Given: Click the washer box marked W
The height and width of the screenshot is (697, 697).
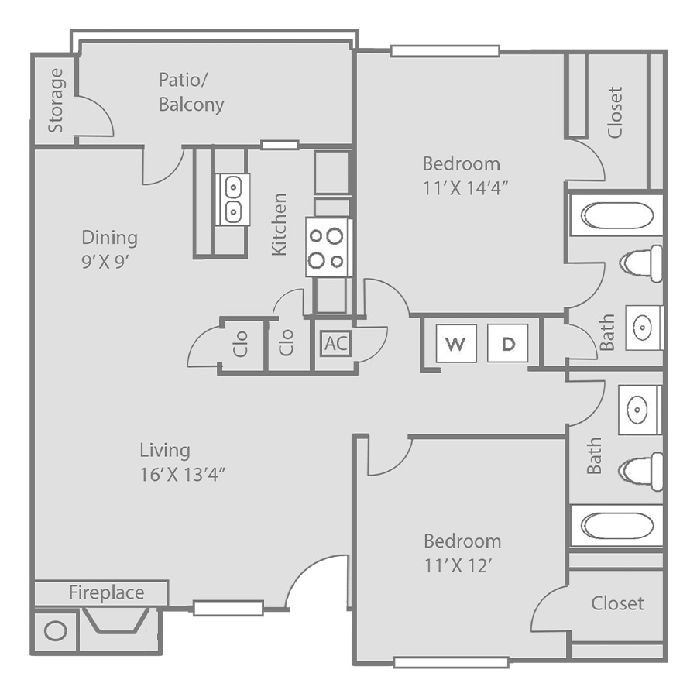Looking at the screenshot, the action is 456,343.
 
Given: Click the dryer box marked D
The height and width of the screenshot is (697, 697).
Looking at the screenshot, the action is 507,343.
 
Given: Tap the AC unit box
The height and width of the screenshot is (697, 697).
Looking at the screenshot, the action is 336,343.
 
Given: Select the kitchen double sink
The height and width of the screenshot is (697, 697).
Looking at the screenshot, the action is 232,200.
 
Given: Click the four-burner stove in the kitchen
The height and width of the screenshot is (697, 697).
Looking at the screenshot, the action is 328,247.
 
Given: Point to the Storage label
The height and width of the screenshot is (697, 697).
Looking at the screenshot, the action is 56,101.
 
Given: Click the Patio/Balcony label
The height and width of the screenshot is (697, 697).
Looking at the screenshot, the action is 191,92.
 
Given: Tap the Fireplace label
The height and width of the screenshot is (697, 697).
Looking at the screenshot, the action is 106,592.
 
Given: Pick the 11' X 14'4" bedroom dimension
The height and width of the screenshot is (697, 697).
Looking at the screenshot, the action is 465,188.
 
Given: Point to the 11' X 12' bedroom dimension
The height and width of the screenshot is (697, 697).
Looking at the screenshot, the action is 458,566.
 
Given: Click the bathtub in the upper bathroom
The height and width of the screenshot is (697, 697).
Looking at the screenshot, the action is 616,216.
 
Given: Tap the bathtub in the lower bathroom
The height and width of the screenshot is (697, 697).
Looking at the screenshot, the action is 616,526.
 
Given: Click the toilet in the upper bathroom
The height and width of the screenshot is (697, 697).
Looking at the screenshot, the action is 640,263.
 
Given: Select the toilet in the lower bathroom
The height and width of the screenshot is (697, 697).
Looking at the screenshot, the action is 640,471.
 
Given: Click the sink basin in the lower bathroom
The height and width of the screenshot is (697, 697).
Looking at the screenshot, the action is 637,409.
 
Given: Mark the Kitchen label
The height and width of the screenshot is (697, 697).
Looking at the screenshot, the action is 279,225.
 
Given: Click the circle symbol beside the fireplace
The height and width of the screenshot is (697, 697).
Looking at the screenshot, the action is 56,630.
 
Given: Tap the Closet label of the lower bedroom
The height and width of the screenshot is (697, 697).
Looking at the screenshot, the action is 617,603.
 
